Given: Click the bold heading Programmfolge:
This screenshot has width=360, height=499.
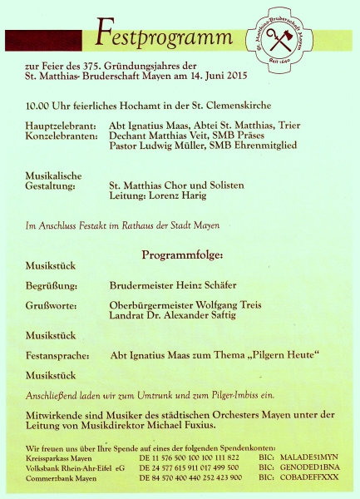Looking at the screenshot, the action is pos(177,254).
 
